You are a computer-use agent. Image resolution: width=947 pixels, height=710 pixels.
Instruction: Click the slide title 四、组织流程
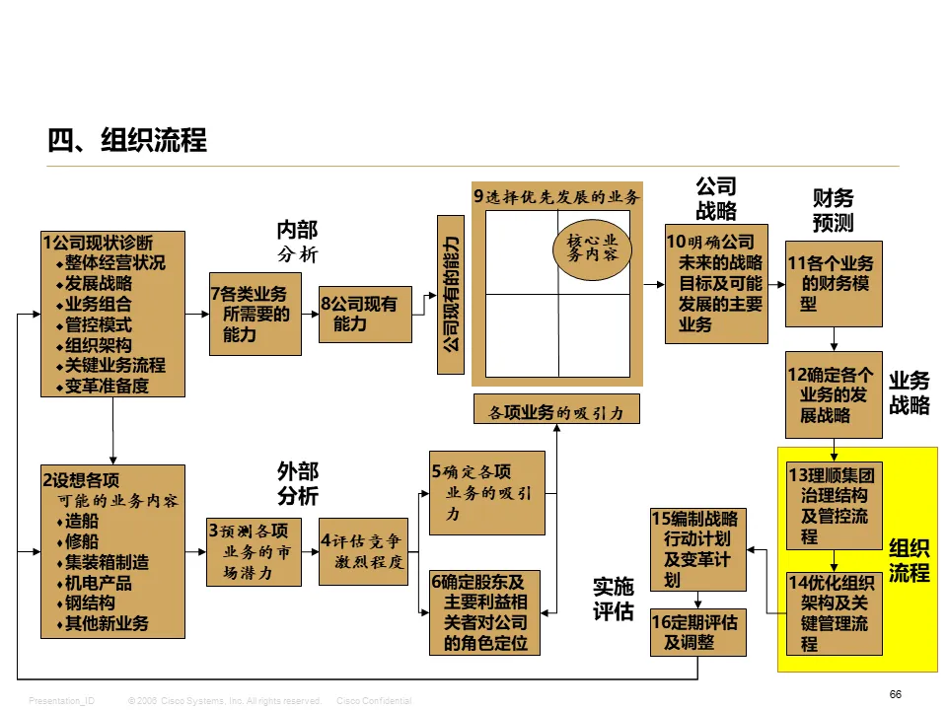pos(127,140)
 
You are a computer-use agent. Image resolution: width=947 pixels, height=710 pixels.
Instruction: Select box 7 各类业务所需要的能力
pos(255,314)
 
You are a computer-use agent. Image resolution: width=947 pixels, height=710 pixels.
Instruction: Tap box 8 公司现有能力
pos(365,314)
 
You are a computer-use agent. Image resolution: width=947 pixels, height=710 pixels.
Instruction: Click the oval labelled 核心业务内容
pos(591,247)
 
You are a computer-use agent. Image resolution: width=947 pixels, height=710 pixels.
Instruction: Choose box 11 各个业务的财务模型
pos(834,283)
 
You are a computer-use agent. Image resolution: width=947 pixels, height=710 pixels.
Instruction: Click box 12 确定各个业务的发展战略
pos(834,394)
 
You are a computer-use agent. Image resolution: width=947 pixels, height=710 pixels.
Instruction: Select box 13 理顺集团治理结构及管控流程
pos(834,506)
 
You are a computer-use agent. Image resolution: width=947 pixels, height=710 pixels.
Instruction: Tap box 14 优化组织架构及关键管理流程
pos(834,613)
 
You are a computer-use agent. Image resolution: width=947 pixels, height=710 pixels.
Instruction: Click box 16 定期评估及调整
pos(697,632)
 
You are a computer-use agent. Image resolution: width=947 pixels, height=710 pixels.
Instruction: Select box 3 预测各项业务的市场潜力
pos(255,552)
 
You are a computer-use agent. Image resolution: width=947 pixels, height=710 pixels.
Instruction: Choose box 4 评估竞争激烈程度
pos(364,552)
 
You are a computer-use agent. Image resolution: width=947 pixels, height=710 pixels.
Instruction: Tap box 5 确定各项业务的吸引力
pos(486,493)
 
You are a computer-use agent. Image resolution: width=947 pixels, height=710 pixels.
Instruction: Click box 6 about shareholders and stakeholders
pos(486,612)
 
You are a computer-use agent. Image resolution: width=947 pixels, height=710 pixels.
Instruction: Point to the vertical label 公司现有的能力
pos(450,294)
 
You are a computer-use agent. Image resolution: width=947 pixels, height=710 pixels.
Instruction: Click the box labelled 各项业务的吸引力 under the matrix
pos(556,409)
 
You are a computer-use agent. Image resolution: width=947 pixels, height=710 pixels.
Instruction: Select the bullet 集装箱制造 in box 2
pos(108,562)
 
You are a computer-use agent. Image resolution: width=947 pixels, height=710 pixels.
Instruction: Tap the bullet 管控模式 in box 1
pos(98,324)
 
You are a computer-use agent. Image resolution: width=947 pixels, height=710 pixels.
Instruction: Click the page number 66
pos(895,694)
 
